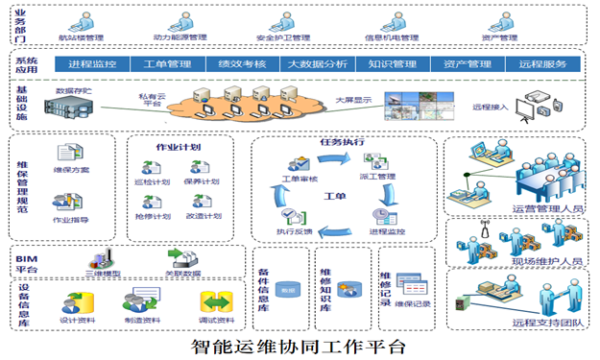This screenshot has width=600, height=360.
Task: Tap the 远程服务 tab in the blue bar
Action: click(542, 64)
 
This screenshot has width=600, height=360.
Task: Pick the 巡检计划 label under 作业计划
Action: click(153, 180)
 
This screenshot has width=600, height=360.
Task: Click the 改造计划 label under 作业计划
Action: click(203, 216)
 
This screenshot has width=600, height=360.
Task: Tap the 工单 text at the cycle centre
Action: click(332, 195)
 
